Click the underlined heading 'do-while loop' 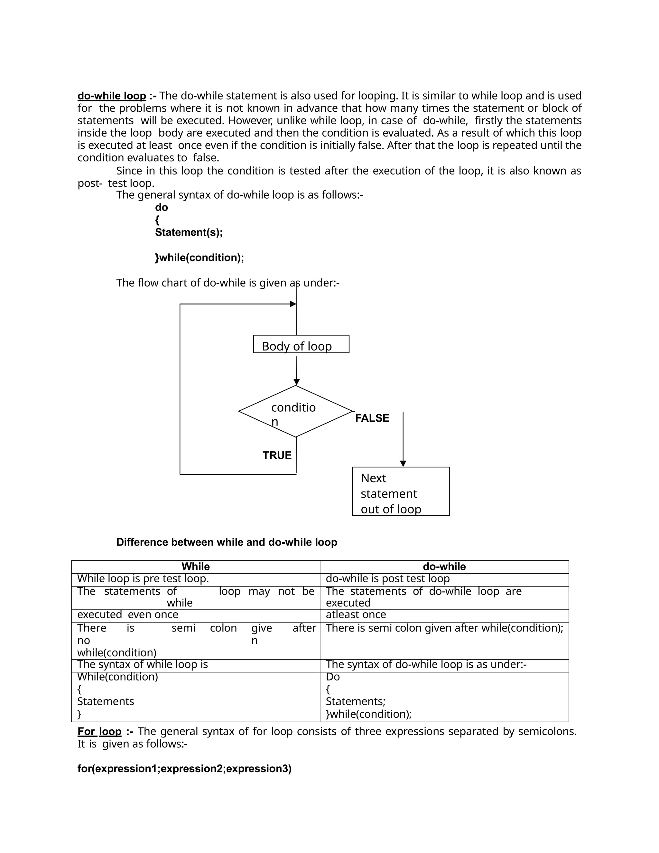click(x=112, y=96)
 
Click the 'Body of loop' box click(x=301, y=344)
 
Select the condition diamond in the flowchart click(x=295, y=411)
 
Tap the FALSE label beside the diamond click(x=372, y=418)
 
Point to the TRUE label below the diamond click(x=277, y=455)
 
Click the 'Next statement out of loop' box click(x=401, y=491)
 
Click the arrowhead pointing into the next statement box click(x=403, y=464)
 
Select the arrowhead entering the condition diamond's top click(x=296, y=382)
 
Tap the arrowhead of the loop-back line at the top click(x=293, y=304)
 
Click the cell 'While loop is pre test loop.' click(x=143, y=578)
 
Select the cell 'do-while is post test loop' click(x=387, y=578)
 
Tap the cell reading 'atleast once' click(x=356, y=614)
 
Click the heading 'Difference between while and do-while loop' click(x=227, y=542)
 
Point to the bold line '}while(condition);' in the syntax click(x=200, y=258)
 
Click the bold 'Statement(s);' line click(x=189, y=232)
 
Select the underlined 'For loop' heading click(x=99, y=731)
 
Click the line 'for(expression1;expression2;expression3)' click(x=184, y=769)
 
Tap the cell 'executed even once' click(x=128, y=614)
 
